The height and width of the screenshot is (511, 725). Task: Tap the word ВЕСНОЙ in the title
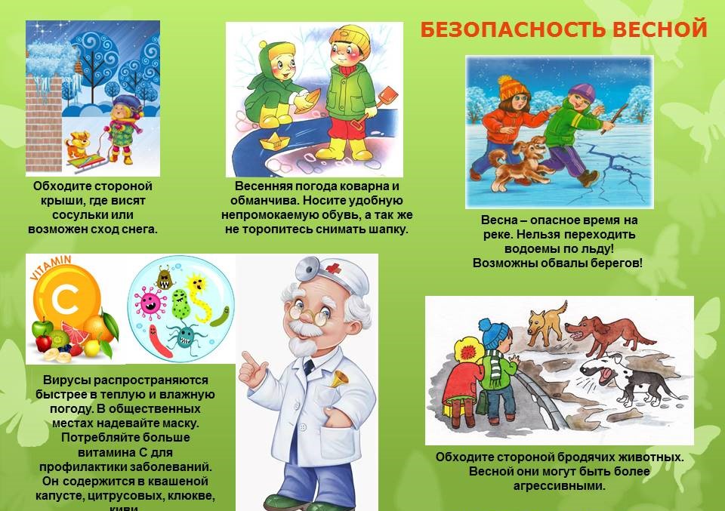point(661,30)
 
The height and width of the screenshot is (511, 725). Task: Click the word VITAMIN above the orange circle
point(47,267)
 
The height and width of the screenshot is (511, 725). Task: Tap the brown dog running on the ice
point(515,160)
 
